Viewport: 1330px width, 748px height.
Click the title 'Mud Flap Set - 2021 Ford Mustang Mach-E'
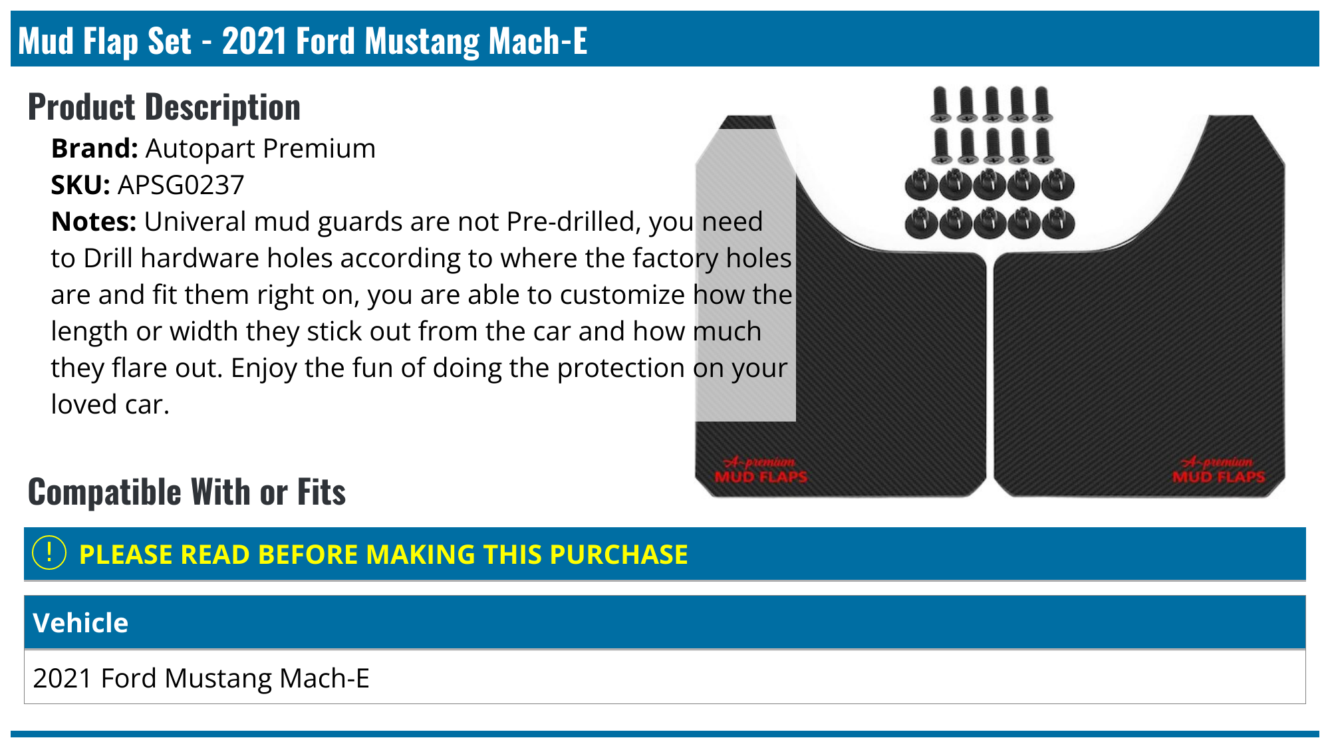[x=303, y=41]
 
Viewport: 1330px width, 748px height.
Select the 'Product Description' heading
[x=164, y=107]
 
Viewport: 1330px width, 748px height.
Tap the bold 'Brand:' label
[x=94, y=149]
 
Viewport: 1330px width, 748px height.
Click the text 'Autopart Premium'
[x=261, y=149]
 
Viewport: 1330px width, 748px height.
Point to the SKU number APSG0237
[x=181, y=186]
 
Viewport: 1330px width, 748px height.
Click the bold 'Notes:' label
[x=94, y=222]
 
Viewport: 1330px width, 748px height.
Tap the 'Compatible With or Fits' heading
[x=187, y=492]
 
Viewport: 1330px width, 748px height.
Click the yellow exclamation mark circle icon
[x=49, y=553]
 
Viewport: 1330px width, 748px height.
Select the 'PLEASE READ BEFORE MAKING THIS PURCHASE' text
[x=383, y=555]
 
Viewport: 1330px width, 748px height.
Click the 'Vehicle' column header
[x=80, y=623]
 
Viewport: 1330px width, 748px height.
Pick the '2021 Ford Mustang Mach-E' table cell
[x=201, y=678]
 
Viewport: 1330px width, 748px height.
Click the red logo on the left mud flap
[x=760, y=470]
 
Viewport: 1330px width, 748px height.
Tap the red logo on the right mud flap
[x=1218, y=470]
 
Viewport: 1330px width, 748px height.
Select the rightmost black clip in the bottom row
[x=1058, y=223]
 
